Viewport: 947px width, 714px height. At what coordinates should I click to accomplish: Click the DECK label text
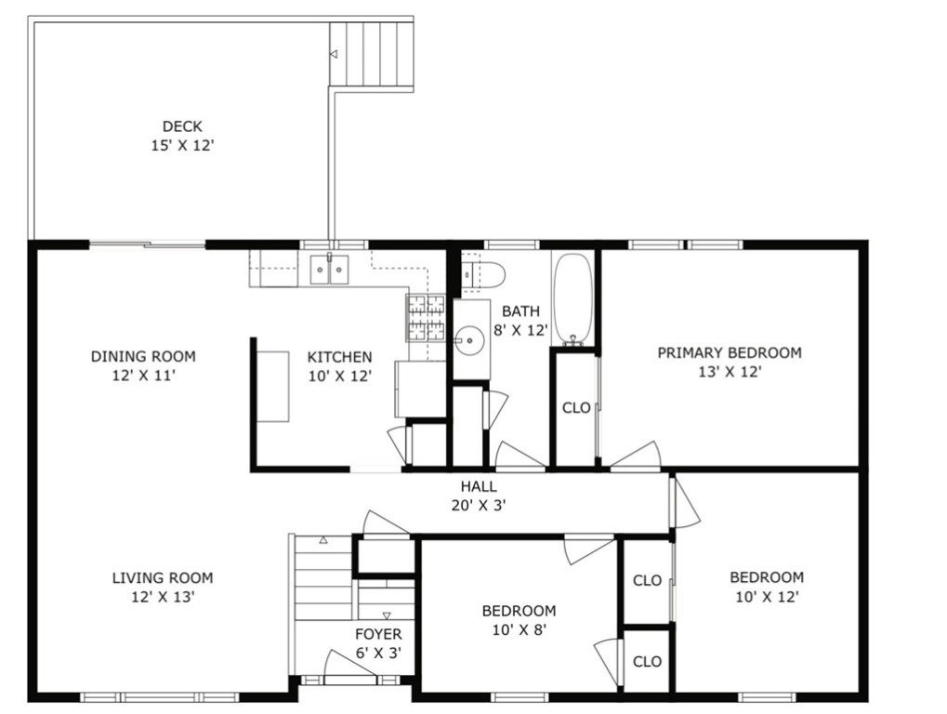coord(182,126)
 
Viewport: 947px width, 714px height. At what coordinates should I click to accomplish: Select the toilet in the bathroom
coord(484,273)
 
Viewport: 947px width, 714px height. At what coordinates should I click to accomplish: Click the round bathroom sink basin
coord(470,340)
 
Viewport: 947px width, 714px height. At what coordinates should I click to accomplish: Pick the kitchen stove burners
coord(427,317)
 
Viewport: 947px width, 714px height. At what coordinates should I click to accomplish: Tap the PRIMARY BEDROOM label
coord(729,353)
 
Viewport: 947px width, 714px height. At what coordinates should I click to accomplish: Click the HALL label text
coord(479,486)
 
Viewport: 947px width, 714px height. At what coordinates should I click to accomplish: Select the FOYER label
coord(378,634)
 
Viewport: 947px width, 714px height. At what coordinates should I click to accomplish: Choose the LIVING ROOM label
coord(163,577)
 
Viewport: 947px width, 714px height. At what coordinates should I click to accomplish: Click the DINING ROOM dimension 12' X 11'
coord(143,376)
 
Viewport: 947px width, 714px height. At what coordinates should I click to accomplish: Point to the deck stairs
coord(371,54)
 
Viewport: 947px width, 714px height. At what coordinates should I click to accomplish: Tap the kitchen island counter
coord(272,386)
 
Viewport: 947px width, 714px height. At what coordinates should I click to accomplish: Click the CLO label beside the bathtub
coord(576,408)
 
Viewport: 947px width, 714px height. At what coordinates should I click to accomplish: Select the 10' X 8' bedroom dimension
coord(519,629)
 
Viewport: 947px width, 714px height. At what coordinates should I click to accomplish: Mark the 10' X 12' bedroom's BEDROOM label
coord(767,577)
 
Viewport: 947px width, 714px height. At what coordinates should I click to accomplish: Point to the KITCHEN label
coord(340,357)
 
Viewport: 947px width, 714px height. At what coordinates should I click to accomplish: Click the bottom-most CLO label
coord(647,662)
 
